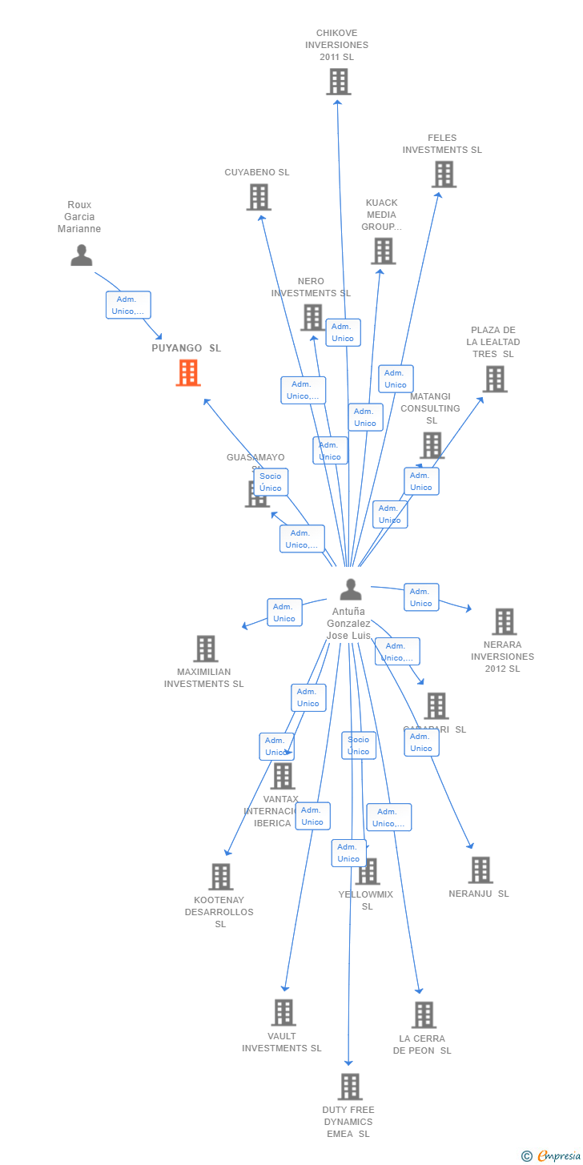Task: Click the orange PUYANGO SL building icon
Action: point(188,373)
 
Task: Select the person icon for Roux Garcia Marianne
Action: point(82,255)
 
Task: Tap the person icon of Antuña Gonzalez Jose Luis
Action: point(351,589)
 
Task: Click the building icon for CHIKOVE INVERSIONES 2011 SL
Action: point(338,82)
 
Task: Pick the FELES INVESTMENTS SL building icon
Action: point(444,175)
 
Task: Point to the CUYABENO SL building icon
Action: point(259,197)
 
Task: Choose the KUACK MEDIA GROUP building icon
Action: point(383,251)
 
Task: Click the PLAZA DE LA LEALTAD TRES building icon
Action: point(495,380)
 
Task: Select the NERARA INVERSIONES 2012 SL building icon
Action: point(504,621)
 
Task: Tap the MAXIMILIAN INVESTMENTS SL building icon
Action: point(206,649)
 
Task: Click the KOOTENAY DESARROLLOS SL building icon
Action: point(220,877)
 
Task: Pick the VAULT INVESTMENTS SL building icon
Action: point(283,1013)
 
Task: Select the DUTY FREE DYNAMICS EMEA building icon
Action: point(350,1087)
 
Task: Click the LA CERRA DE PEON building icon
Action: point(424,1015)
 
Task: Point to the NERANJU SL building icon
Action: point(480,870)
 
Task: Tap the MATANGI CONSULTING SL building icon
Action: point(432,445)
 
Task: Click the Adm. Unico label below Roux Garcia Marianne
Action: point(128,305)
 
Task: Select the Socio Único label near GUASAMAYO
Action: point(271,482)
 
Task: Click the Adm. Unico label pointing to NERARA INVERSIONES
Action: point(420,597)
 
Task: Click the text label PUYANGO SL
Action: point(187,348)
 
